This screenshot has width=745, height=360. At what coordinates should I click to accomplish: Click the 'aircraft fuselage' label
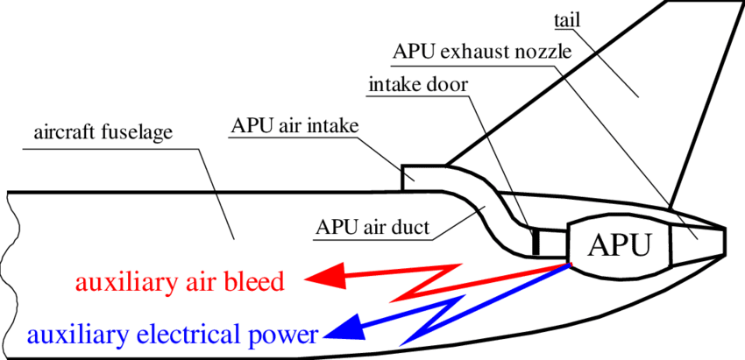103,134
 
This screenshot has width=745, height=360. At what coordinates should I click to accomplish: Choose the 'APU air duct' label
372,229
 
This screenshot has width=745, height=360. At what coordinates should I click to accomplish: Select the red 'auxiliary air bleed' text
180,282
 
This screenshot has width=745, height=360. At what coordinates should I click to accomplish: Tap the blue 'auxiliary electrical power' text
172,335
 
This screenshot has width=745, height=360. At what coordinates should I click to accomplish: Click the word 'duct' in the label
410,229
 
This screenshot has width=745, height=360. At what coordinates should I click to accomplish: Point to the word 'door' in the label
447,85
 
